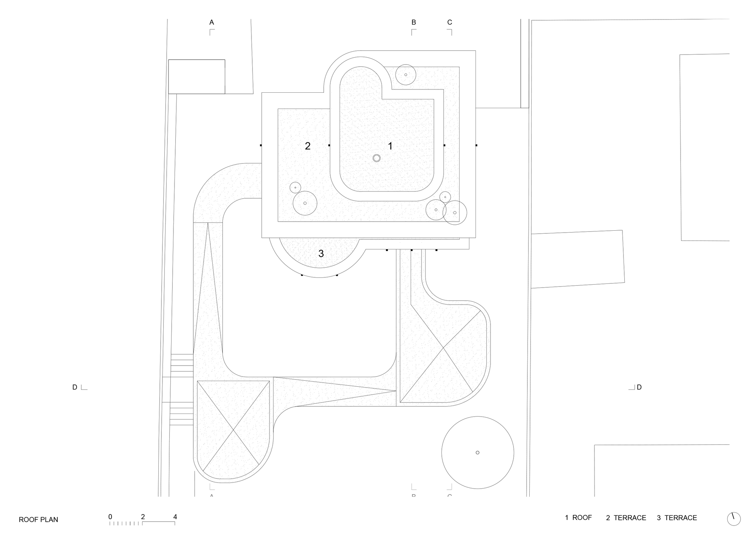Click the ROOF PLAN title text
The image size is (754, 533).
[x=38, y=519]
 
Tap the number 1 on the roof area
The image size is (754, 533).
[x=390, y=146]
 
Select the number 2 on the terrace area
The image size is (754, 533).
[x=308, y=146]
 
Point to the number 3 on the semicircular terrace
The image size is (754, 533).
[x=321, y=254]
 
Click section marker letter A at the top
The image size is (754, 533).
[x=211, y=23]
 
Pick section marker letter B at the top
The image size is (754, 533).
[x=414, y=23]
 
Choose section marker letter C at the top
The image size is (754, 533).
[x=449, y=23]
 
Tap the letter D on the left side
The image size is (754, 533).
[x=75, y=387]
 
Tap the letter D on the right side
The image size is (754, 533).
[x=639, y=387]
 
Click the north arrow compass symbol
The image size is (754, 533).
[x=733, y=519]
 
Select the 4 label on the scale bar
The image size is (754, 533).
[x=175, y=517]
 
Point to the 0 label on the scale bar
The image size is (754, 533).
[x=110, y=517]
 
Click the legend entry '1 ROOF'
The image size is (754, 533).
[x=578, y=518]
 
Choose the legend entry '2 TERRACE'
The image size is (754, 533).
[x=626, y=518]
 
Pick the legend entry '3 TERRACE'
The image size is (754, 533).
[x=677, y=518]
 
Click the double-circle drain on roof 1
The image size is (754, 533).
[x=376, y=158]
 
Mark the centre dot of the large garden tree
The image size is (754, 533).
[x=477, y=452]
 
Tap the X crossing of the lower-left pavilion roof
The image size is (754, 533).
[x=233, y=430]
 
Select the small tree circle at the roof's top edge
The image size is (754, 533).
[x=406, y=75]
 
